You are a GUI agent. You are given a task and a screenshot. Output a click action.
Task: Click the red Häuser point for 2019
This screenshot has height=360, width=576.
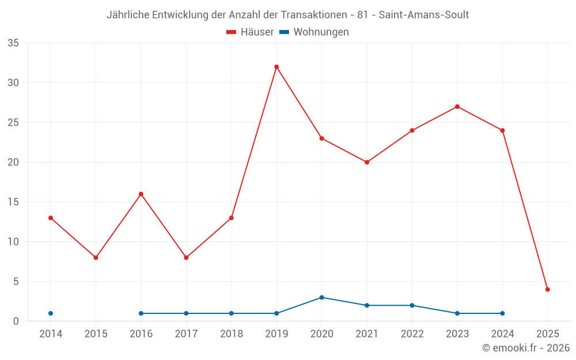click(x=276, y=67)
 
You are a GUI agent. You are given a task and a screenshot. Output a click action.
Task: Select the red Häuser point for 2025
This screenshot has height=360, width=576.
click(x=548, y=290)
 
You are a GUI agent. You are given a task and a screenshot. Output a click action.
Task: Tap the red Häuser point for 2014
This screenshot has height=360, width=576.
click(x=51, y=218)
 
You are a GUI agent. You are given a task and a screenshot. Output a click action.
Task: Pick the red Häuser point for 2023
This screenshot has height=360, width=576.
click(x=457, y=107)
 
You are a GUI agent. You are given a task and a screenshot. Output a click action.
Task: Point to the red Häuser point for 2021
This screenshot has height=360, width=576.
click(x=367, y=162)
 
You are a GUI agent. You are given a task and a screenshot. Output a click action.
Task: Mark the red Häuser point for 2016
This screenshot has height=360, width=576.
click(x=141, y=194)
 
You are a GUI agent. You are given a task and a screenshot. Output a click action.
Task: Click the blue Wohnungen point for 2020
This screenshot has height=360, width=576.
click(x=321, y=297)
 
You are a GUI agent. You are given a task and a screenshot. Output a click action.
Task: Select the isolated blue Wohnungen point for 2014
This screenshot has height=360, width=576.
click(x=51, y=313)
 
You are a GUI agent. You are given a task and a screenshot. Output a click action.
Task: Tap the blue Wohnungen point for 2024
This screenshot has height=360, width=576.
click(x=502, y=313)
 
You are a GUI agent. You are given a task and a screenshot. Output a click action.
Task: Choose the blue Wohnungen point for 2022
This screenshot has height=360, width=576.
click(x=412, y=305)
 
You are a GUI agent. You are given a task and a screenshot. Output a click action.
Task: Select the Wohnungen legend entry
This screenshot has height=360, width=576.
click(x=314, y=32)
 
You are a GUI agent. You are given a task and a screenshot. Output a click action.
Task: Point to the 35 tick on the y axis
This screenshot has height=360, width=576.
click(x=13, y=43)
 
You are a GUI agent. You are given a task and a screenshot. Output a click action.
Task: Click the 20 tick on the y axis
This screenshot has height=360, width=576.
click(x=13, y=162)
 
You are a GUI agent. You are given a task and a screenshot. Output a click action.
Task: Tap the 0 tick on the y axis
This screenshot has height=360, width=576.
click(x=16, y=321)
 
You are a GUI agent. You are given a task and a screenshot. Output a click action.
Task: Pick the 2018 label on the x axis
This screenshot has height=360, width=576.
click(x=232, y=334)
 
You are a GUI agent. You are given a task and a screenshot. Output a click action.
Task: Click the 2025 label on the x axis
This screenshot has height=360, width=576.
click(x=548, y=334)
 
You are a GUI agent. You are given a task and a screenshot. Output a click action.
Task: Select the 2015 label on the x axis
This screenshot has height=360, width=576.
click(x=96, y=334)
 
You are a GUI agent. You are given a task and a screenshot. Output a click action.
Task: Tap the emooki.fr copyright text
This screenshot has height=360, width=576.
click(x=526, y=348)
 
